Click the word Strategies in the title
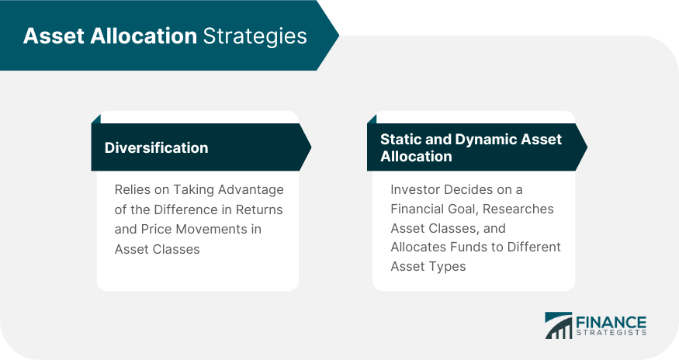[255, 36]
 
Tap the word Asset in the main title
[54, 36]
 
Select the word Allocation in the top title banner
[144, 36]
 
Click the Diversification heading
[156, 147]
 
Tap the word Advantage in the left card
[251, 190]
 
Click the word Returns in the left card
[259, 209]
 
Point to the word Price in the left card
[155, 229]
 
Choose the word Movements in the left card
[210, 229]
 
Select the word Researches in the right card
[518, 209]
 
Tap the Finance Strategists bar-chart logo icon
[558, 325]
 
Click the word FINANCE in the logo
[611, 322]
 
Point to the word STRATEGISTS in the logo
[611, 333]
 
